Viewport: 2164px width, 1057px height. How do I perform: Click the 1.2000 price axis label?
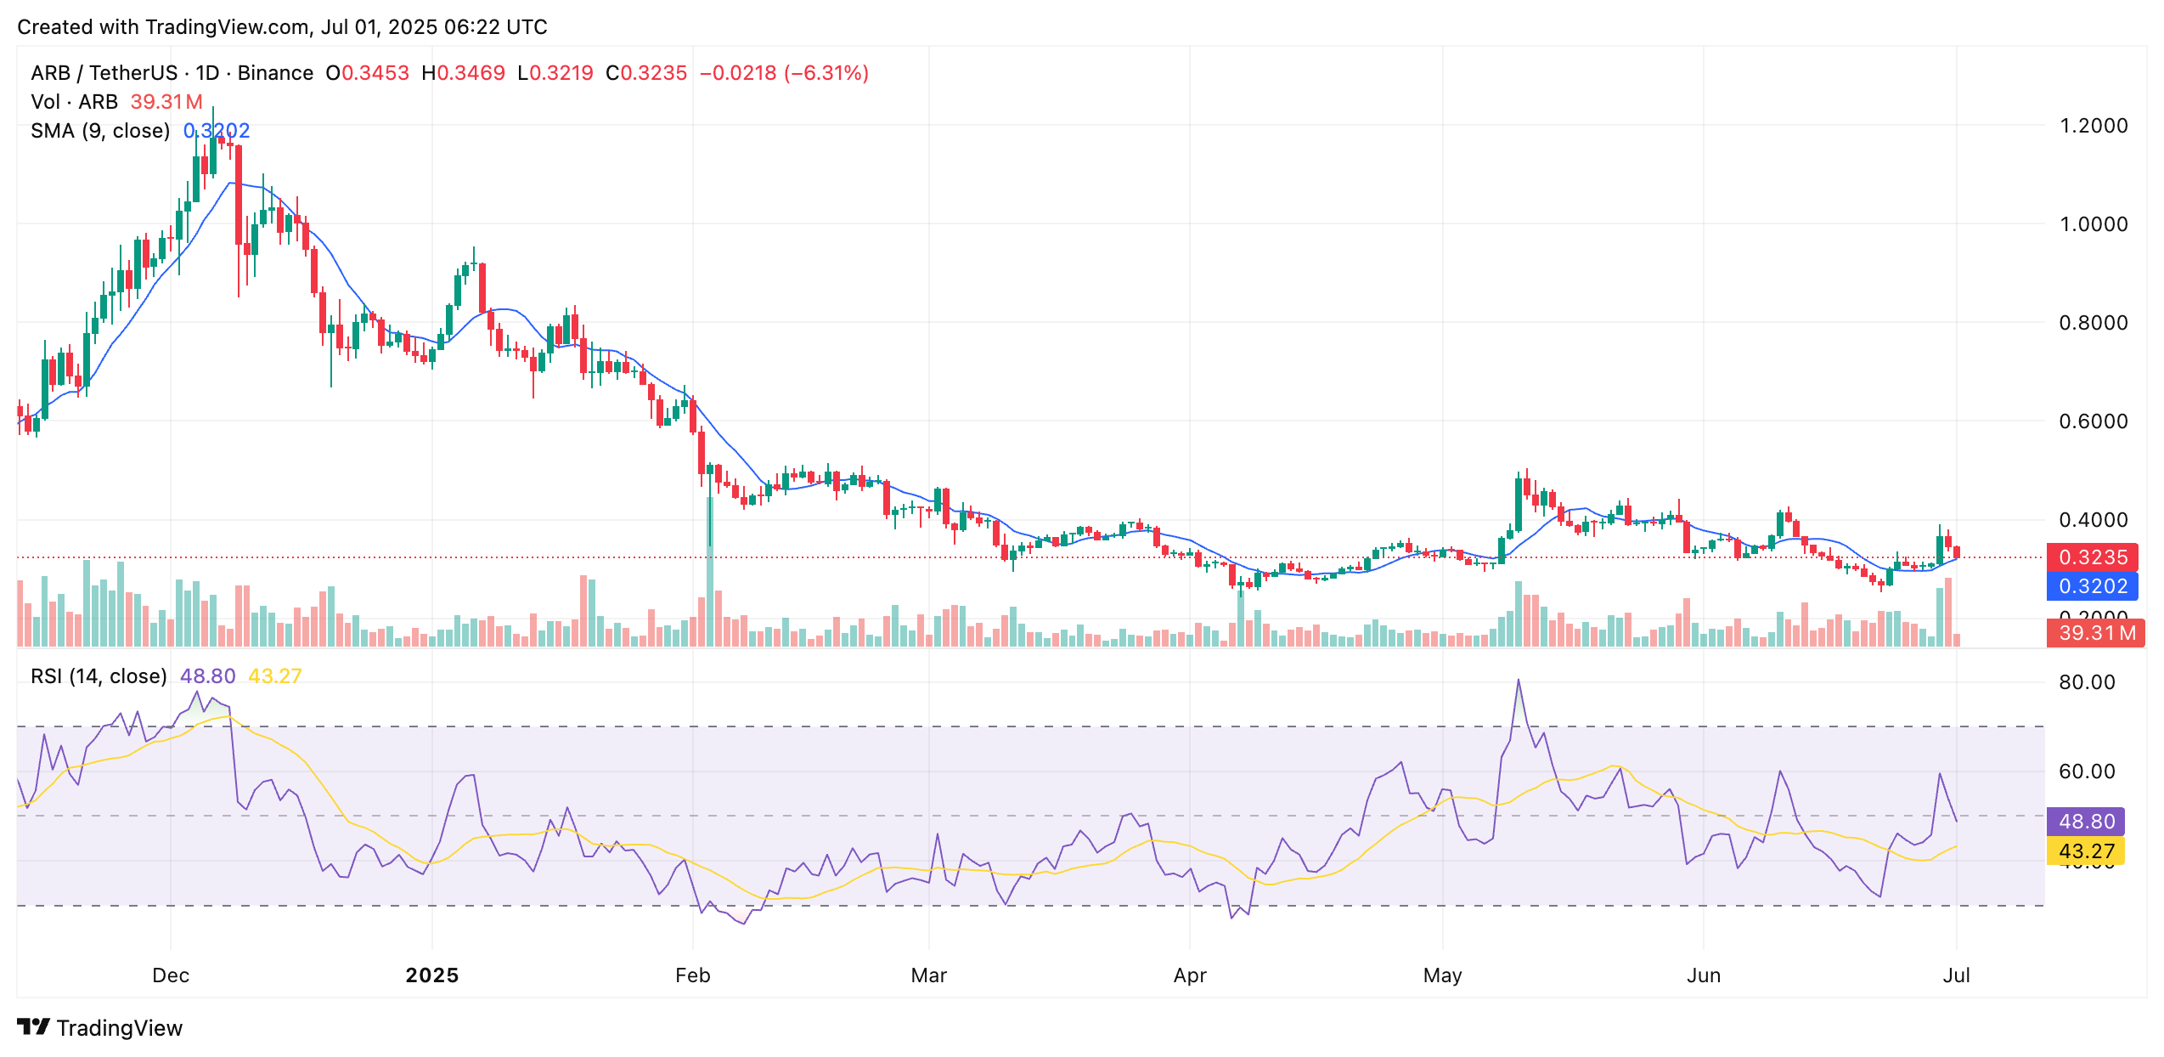click(2093, 126)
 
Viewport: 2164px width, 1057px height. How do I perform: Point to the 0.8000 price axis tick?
click(2093, 323)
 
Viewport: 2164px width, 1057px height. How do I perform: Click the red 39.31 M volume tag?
click(2095, 633)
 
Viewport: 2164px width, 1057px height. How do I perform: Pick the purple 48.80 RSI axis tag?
click(2086, 822)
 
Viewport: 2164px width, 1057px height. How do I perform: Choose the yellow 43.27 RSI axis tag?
click(2086, 851)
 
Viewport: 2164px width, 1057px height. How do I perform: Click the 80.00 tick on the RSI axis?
click(2087, 682)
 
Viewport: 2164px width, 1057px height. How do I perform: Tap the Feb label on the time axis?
click(692, 975)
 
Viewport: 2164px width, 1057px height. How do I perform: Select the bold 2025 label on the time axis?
click(431, 975)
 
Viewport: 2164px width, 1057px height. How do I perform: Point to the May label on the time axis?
click(1442, 975)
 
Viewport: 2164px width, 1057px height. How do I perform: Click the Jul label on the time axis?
click(1956, 975)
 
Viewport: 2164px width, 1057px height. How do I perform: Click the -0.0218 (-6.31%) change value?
click(783, 73)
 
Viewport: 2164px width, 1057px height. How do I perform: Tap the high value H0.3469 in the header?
click(463, 73)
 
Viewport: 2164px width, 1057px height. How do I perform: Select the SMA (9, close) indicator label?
click(100, 131)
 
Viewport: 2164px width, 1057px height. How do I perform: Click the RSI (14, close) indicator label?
click(99, 676)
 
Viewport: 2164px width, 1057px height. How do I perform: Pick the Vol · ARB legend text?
click(74, 102)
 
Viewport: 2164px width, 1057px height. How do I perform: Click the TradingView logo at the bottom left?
click(100, 1028)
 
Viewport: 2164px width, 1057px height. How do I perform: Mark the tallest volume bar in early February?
click(709, 578)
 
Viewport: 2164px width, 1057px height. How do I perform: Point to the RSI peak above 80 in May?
click(1518, 681)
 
